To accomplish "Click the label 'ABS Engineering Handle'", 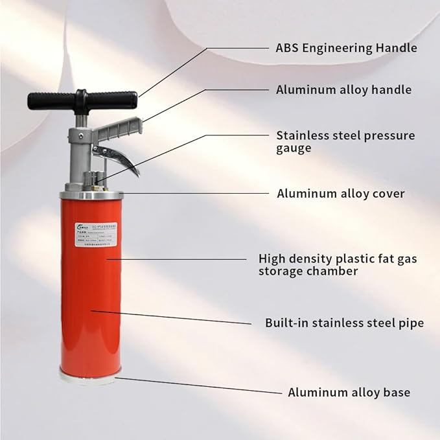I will click(x=346, y=48).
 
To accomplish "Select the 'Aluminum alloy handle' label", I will click(x=343, y=90).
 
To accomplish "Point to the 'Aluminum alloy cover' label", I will click(x=341, y=193).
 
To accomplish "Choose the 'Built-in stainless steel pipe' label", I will click(x=344, y=322).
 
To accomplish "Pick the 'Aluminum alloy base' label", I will click(x=349, y=392).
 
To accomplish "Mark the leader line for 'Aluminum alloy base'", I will click(x=194, y=386).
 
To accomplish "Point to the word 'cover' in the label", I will click(x=387, y=193).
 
